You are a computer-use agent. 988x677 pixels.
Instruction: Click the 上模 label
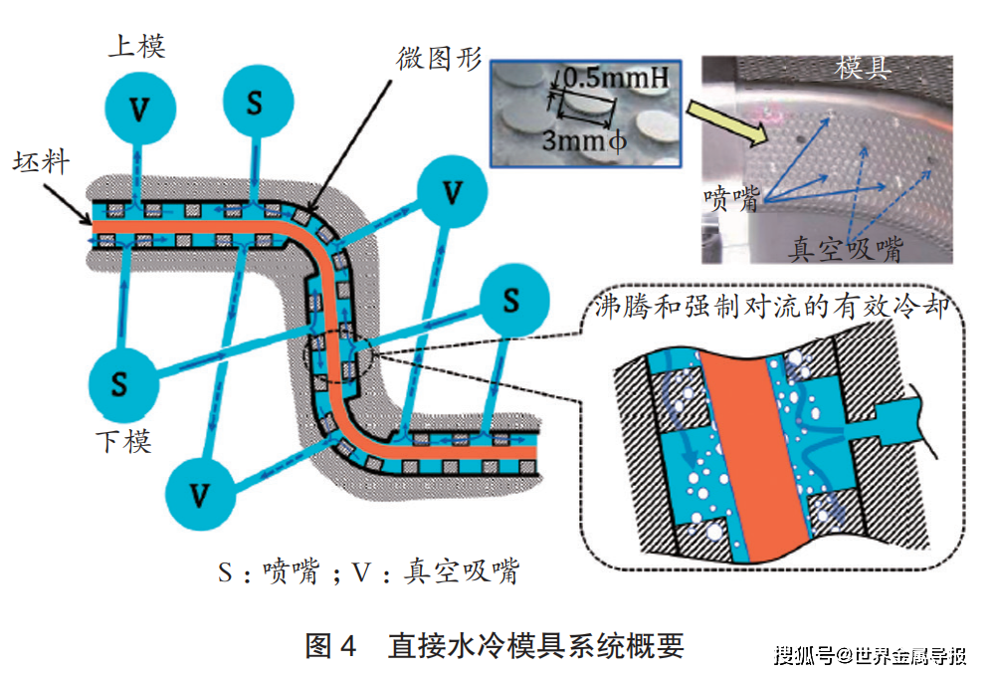point(135,46)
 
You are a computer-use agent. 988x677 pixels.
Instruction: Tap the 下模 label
point(123,439)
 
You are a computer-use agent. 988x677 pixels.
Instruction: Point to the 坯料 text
point(42,161)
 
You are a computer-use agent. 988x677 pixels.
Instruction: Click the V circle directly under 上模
point(140,108)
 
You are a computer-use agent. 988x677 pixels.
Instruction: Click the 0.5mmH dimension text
point(609,76)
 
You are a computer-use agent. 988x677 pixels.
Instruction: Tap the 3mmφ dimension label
point(582,140)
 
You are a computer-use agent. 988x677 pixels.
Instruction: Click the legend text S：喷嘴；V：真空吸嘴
point(369,571)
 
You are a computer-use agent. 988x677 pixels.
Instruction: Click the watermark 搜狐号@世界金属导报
point(871,656)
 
